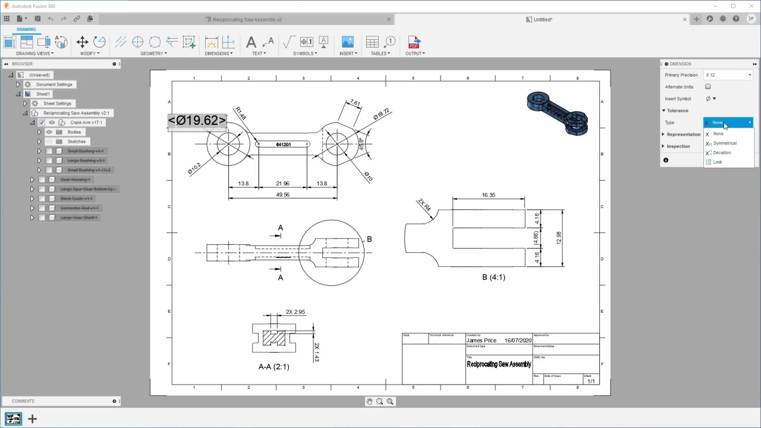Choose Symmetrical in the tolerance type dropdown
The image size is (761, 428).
[x=725, y=143]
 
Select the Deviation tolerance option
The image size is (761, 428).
[x=722, y=153]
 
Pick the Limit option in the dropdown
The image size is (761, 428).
[x=718, y=162]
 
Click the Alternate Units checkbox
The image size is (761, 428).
[x=707, y=87]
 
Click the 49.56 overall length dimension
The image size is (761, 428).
[x=282, y=194]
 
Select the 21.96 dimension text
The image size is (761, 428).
[x=282, y=184]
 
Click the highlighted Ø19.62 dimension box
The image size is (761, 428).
[x=197, y=121]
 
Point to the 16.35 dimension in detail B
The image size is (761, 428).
[x=488, y=195]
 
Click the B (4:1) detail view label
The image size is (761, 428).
[x=493, y=277]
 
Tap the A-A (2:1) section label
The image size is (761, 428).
[x=273, y=367]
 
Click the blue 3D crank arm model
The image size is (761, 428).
[x=556, y=112]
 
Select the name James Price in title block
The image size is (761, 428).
[x=481, y=341]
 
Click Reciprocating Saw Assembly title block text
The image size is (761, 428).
[x=498, y=364]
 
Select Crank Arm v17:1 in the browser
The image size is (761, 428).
[x=86, y=122]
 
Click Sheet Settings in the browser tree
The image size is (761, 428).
[x=57, y=103]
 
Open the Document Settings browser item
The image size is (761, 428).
[x=54, y=84]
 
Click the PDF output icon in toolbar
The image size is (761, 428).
[x=414, y=43]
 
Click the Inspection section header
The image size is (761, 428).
[x=678, y=146]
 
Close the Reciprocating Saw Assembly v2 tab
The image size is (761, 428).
[x=389, y=20]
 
